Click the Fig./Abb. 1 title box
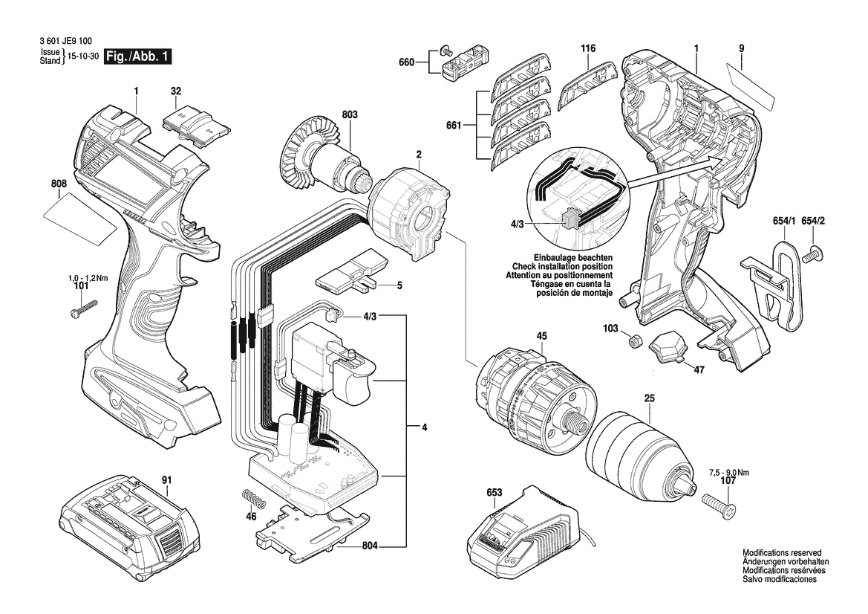(x=138, y=56)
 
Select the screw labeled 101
(x=84, y=308)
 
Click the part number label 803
(x=349, y=114)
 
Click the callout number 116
(x=588, y=48)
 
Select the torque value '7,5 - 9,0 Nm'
(x=729, y=473)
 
